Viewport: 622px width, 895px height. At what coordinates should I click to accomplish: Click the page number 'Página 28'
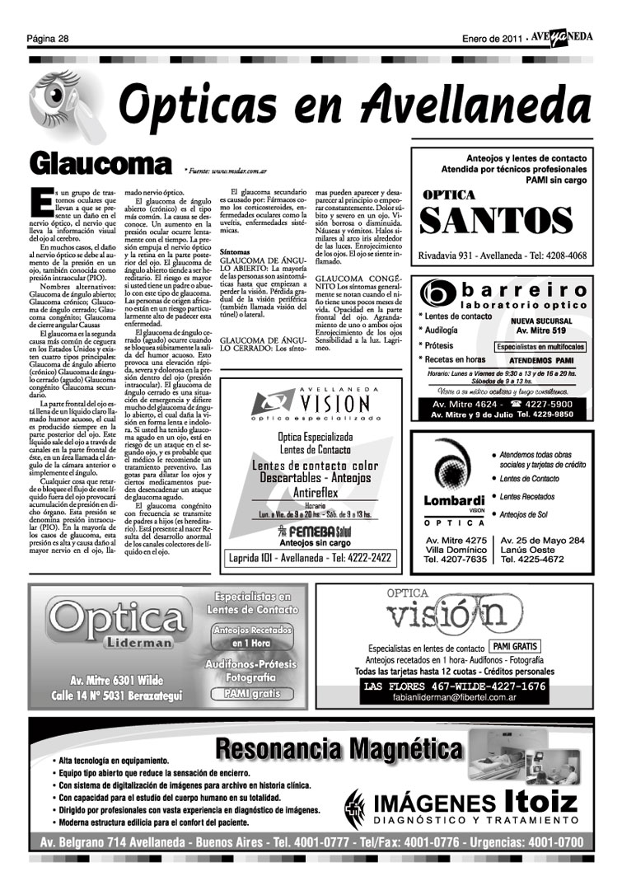click(47, 39)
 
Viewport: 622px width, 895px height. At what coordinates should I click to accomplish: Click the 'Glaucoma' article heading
click(110, 163)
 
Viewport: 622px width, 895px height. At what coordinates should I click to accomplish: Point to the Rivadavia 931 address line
click(503, 255)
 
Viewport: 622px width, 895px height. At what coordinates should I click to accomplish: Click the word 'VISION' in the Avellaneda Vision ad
click(333, 404)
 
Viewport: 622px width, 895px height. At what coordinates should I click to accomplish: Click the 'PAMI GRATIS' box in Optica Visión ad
click(515, 647)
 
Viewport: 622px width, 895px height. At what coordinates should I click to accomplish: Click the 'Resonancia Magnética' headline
click(339, 751)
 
